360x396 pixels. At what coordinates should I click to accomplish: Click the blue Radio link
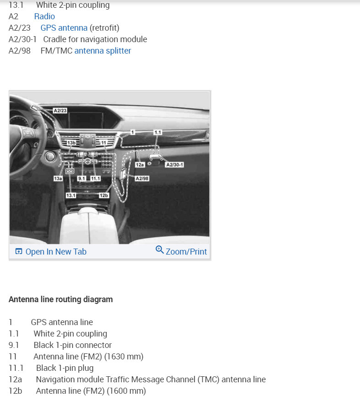pos(44,16)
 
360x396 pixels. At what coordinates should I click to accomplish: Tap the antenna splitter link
pos(103,51)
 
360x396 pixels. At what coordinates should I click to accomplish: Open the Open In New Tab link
pos(55,252)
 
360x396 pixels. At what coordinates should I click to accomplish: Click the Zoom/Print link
pos(186,252)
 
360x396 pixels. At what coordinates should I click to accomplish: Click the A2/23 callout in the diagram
pos(60,111)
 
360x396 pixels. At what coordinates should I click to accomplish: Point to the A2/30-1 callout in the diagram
pos(174,165)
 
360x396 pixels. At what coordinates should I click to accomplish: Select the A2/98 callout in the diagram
pos(142,179)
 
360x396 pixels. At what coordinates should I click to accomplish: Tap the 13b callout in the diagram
pos(71,143)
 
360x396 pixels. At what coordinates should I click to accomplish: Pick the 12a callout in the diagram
pos(140,164)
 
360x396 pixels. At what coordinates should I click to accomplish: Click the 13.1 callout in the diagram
pos(71,195)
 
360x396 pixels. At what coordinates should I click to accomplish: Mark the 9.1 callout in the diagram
pos(82,179)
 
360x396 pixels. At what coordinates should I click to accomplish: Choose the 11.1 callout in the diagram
pos(95,179)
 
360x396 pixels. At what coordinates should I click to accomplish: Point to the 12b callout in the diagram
pos(104,195)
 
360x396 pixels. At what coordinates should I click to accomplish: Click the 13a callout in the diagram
pos(58,179)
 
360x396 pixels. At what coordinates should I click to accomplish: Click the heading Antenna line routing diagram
pos(60,300)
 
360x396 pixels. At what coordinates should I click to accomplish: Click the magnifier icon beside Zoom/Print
pos(159,250)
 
